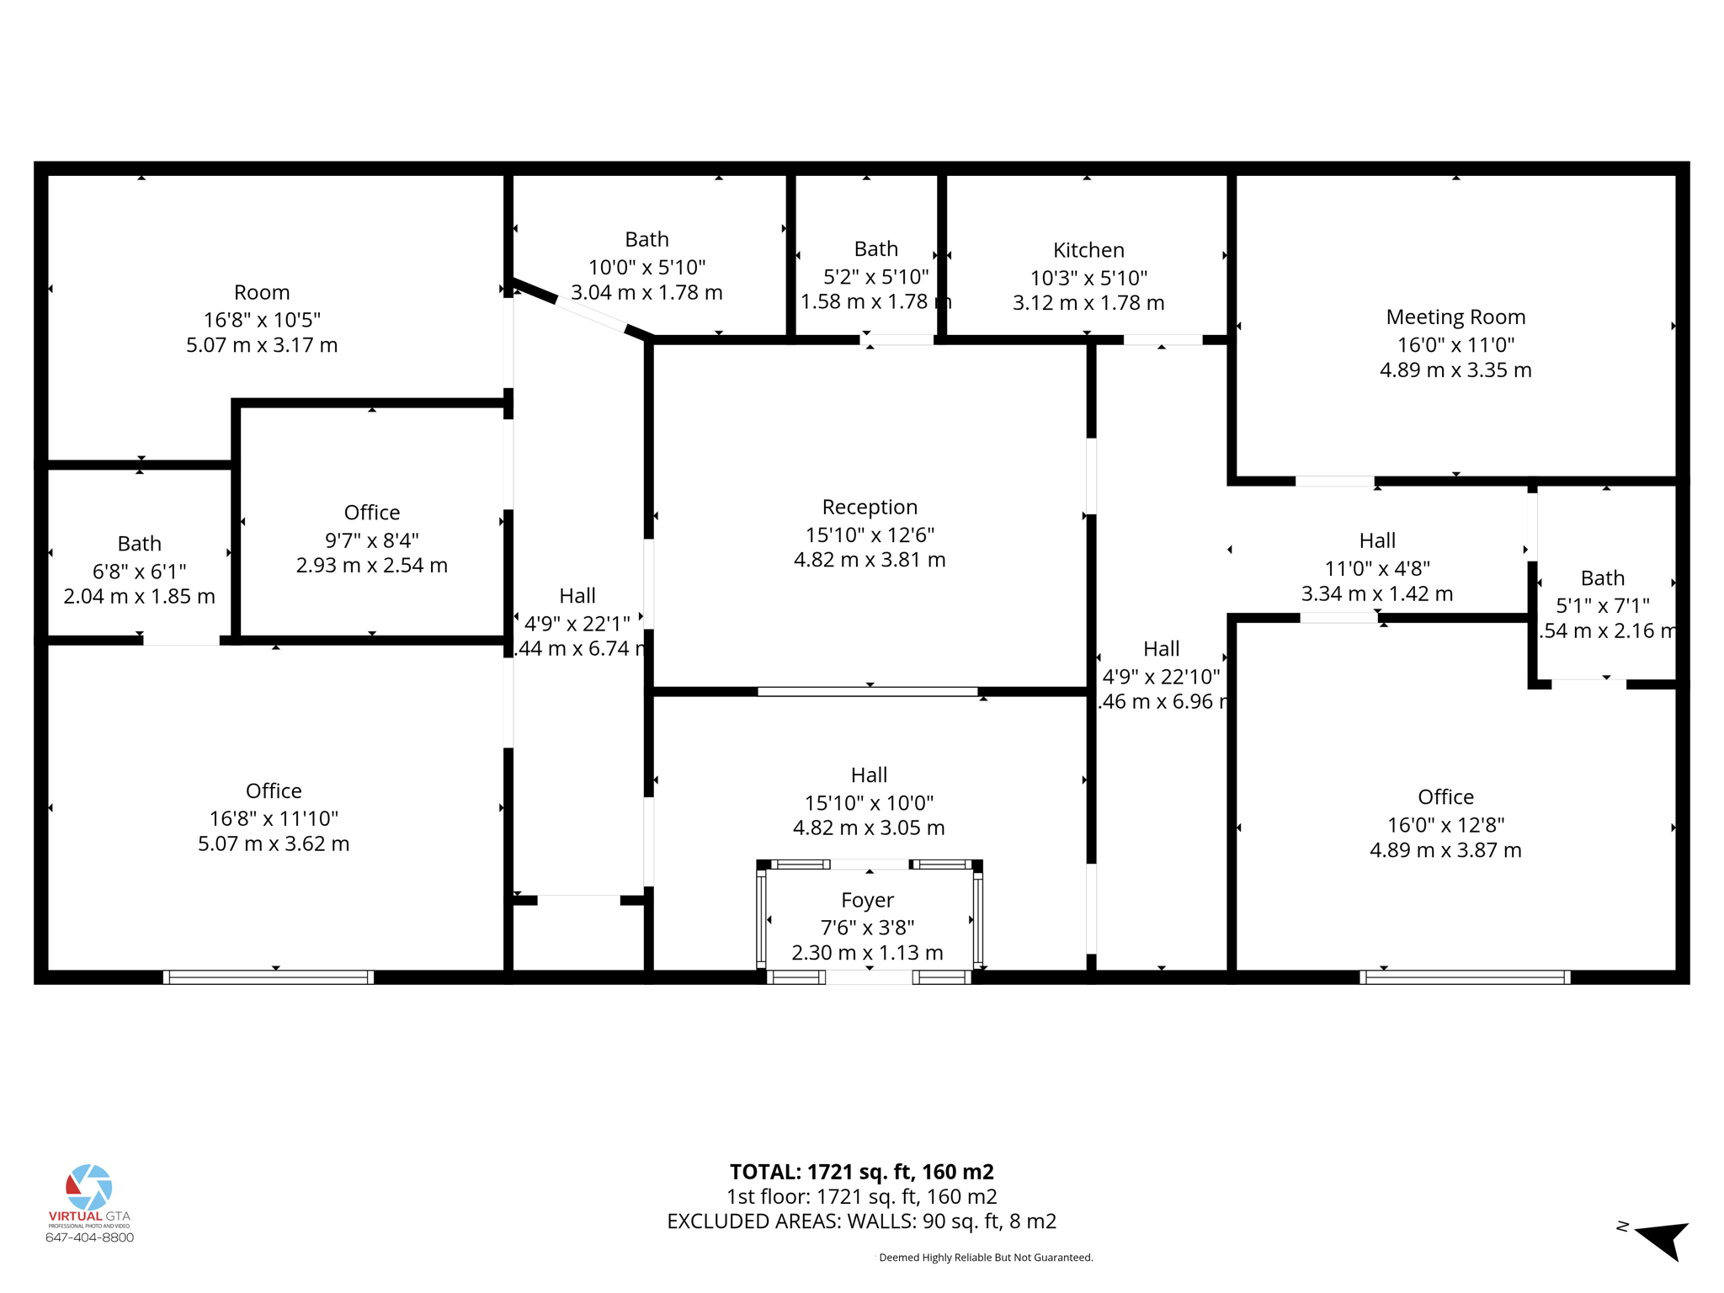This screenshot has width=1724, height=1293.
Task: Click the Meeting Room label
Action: [1455, 317]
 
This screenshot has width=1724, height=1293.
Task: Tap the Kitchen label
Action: [1088, 250]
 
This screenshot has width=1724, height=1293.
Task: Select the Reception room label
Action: [870, 507]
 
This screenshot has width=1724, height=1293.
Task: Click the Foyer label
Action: [867, 900]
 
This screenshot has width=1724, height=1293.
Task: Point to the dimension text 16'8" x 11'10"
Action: [274, 818]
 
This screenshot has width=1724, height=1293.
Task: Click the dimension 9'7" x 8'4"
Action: [371, 540]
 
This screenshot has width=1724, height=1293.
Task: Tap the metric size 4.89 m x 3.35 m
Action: [1455, 370]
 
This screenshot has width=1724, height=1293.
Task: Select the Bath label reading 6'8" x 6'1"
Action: [139, 544]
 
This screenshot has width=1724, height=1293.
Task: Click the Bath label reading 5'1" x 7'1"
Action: [1602, 578]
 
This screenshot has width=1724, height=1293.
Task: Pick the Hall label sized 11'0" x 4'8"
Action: [1377, 540]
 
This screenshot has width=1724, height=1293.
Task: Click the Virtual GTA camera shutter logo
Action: [89, 1187]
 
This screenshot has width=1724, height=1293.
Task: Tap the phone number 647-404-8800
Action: [89, 1237]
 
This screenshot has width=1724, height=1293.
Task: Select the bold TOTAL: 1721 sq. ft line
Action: [861, 1172]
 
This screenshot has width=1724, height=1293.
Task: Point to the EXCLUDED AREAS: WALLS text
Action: [861, 1221]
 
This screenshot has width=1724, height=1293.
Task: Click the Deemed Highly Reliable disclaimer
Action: [986, 1258]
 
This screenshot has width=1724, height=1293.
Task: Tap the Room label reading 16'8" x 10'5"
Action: [262, 292]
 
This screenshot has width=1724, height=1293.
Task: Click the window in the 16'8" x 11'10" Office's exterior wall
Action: [269, 977]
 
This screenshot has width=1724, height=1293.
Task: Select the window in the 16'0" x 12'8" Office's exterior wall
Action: [1465, 977]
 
